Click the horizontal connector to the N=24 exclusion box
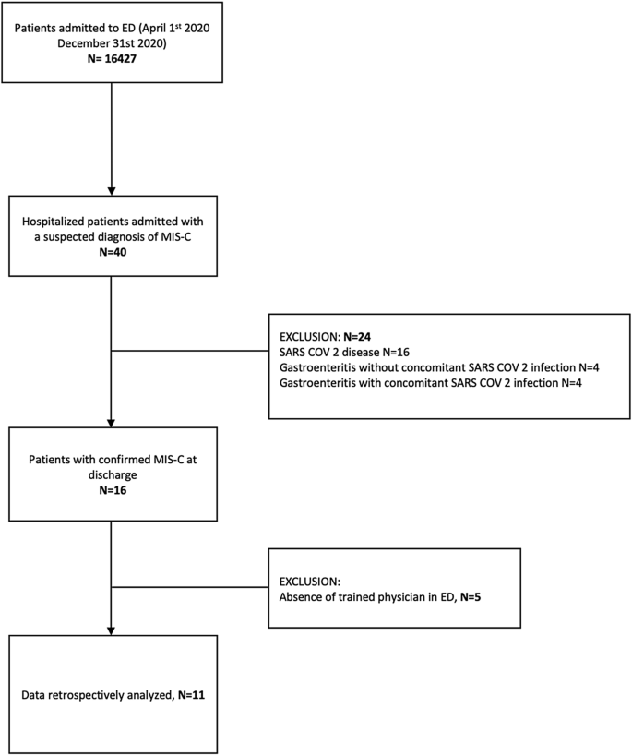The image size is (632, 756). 189,349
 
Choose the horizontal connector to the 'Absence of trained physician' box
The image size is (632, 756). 189,585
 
